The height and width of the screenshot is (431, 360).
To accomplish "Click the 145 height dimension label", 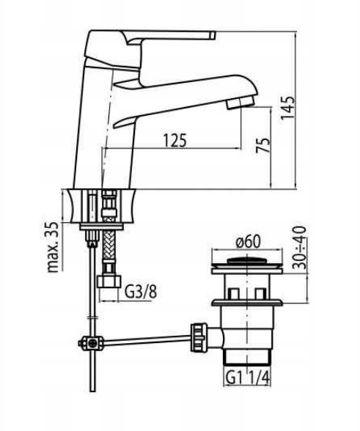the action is coord(287,108).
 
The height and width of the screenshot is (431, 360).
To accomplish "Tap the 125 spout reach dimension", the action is coord(175,140).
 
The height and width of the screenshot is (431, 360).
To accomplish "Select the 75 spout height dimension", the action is coord(263,145).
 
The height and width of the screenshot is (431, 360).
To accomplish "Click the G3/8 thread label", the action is coord(141,292).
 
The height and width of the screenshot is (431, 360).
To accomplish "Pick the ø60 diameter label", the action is coord(248,242).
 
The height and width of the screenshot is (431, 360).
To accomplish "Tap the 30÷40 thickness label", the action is coord(299,247).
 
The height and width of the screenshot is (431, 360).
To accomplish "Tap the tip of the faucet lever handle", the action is coord(213,35).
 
